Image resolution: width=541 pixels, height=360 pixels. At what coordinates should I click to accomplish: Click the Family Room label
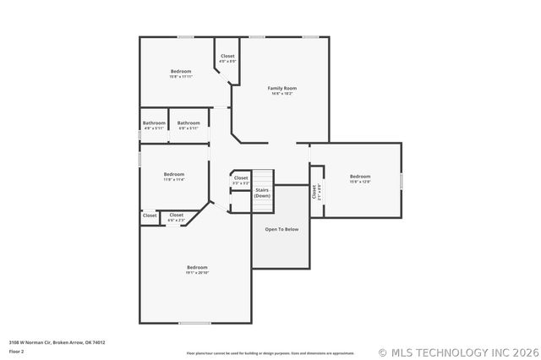282,88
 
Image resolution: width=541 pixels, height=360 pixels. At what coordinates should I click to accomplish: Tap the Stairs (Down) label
262,193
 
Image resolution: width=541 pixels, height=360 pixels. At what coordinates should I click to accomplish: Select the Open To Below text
281,229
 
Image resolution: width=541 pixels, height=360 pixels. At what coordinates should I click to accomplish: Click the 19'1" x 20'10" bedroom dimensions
197,273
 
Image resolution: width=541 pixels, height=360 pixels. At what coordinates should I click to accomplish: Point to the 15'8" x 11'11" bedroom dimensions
181,77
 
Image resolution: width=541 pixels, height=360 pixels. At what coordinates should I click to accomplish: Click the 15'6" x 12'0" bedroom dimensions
360,182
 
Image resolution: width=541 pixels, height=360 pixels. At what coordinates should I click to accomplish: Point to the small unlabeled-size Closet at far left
150,215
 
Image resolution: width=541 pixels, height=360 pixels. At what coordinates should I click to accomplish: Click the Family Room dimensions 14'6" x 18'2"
282,94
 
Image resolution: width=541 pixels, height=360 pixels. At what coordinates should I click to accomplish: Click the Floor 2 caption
17,351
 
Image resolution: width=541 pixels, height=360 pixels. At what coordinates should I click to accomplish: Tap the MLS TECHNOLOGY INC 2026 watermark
456,352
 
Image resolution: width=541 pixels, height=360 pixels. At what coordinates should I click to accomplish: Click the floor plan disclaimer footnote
270,353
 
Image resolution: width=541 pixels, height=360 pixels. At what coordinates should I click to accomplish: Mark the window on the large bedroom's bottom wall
194,323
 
